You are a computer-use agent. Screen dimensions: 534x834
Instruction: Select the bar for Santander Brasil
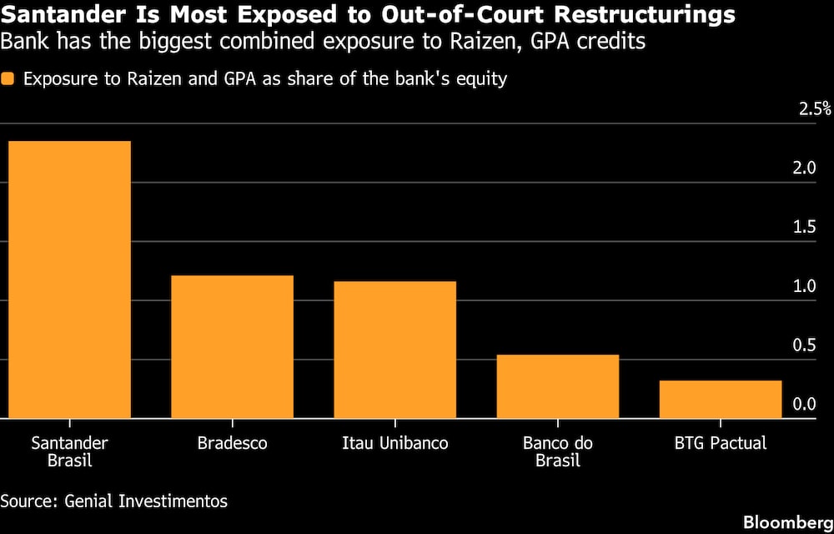click(x=69, y=280)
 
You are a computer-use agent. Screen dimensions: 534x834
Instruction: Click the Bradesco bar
click(x=232, y=346)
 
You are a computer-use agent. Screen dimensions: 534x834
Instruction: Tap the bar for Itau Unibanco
click(x=395, y=350)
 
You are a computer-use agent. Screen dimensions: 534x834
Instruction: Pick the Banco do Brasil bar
click(x=558, y=386)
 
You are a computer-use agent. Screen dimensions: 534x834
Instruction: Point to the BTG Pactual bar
click(x=721, y=399)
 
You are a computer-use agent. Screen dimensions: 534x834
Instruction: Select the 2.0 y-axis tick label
click(x=803, y=169)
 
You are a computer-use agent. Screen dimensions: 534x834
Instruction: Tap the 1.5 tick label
click(x=803, y=228)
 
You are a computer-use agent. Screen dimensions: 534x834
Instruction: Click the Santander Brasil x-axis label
click(x=69, y=451)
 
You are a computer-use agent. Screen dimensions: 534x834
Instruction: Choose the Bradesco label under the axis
click(x=232, y=443)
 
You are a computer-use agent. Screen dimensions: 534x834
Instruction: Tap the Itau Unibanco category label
click(x=395, y=443)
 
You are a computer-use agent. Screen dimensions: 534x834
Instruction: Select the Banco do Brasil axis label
click(x=558, y=451)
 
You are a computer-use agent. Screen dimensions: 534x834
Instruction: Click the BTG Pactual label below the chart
click(x=721, y=443)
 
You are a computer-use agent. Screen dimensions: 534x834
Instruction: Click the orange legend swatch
click(x=9, y=79)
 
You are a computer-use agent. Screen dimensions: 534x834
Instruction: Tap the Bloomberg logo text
click(x=786, y=521)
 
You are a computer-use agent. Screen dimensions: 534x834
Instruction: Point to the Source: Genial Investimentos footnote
click(x=113, y=501)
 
